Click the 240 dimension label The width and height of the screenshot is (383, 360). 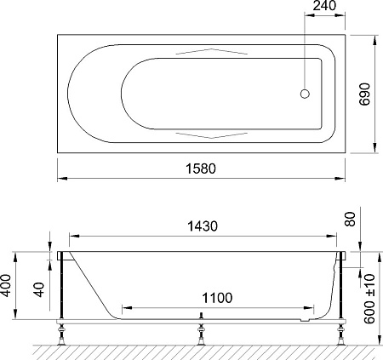tap(324, 5)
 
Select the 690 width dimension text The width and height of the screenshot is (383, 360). tap(365, 94)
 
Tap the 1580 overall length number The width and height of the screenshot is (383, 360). tap(201, 169)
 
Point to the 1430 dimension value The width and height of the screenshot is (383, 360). tap(203, 226)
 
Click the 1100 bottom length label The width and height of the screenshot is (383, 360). tap(217, 298)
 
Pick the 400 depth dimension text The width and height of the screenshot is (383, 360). tap(5, 285)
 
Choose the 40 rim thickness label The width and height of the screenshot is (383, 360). tap(40, 289)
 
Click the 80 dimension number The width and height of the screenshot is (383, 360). tap(351, 219)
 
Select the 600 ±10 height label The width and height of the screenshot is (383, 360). tap(369, 299)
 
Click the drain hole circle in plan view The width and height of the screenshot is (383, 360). tap(305, 94)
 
